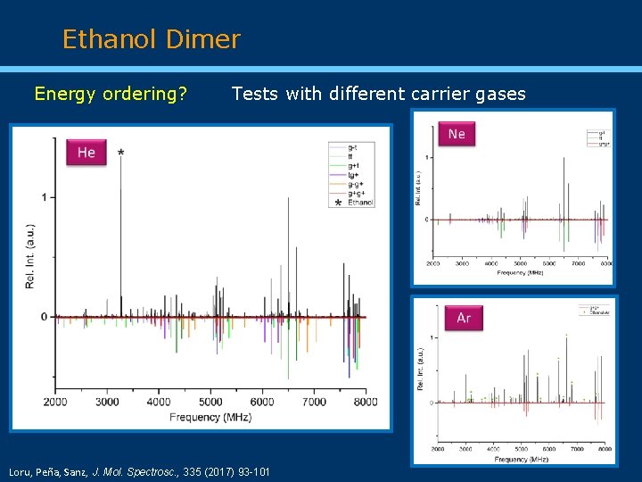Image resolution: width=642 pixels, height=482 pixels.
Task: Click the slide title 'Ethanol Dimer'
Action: click(x=151, y=39)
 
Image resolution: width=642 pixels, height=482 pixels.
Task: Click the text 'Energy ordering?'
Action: click(x=111, y=94)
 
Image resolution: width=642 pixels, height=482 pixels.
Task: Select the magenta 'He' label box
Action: click(x=86, y=153)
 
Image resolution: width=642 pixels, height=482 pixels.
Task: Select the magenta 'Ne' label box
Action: click(x=457, y=134)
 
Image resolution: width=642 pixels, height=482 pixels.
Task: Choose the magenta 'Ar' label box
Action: click(x=464, y=318)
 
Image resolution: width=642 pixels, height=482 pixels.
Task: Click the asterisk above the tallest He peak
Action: click(x=120, y=154)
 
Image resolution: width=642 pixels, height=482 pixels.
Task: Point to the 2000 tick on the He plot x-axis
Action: click(x=55, y=402)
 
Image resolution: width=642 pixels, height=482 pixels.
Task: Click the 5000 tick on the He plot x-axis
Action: click(x=210, y=402)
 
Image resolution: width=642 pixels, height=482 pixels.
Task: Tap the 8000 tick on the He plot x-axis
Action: click(x=366, y=402)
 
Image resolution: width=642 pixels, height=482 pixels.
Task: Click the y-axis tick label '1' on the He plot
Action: click(x=44, y=196)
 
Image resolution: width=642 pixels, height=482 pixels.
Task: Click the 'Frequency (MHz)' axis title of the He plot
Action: click(x=211, y=417)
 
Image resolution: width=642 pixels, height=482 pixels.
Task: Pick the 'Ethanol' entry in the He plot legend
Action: click(x=360, y=203)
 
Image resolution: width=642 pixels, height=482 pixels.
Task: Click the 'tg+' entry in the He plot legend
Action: click(x=353, y=174)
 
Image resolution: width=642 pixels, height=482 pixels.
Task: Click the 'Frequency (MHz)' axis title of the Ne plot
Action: click(x=521, y=272)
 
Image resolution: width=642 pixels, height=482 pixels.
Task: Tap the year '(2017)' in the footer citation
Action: click(x=211, y=470)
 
